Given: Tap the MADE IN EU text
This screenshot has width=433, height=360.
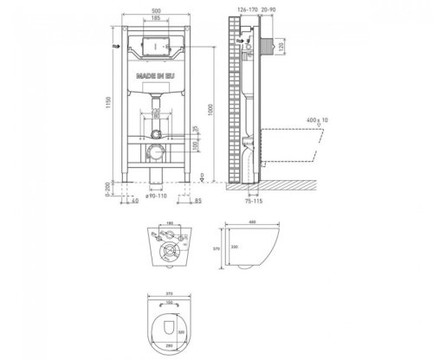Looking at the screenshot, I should click(155, 76).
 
